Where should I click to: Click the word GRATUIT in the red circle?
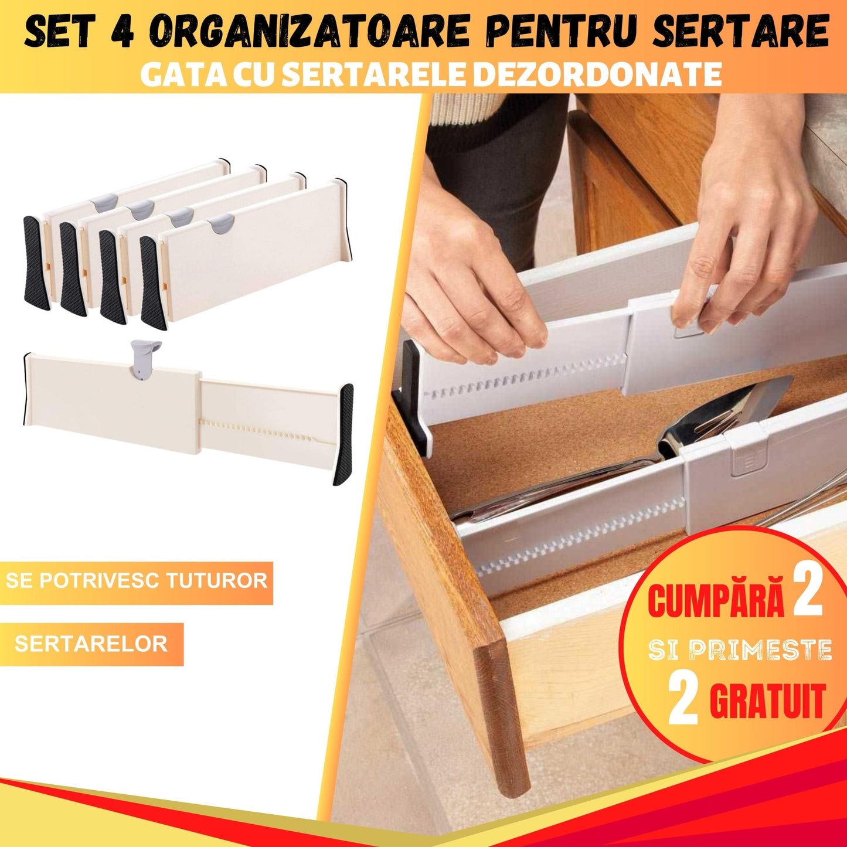point(768,700)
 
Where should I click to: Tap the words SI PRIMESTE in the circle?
point(740,650)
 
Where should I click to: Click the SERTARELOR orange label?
point(91,644)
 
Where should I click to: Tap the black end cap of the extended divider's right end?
point(344,433)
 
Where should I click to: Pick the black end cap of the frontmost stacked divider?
point(151,282)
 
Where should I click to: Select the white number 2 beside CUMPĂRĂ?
point(808,596)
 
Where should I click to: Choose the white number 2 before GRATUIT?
point(683,700)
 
